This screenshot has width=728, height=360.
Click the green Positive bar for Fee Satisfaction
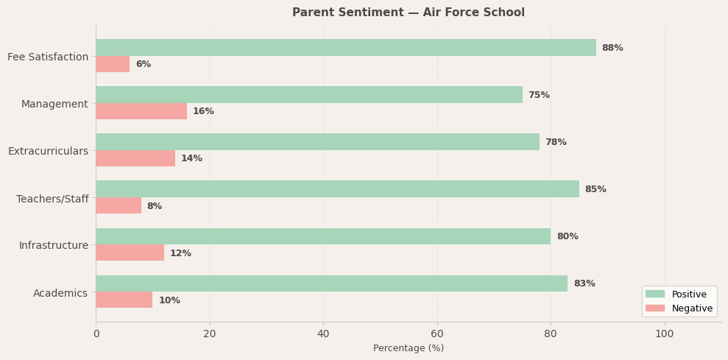[x=346, y=48]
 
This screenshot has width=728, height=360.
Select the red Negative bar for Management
[x=141, y=111]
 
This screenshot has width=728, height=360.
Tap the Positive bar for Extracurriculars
[x=317, y=142]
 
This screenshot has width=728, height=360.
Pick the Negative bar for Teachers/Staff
[x=119, y=205]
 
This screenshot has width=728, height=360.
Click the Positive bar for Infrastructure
[x=323, y=236]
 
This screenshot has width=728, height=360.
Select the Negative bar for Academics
[x=124, y=300]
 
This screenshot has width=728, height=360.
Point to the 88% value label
[x=612, y=48]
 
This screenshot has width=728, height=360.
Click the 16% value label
[x=203, y=111]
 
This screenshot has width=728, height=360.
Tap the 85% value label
[x=596, y=189]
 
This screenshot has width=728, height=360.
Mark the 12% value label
[x=180, y=253]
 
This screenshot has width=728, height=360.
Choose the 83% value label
[x=584, y=283]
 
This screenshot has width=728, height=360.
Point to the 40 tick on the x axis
[x=323, y=333]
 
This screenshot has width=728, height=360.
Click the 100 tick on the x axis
[x=665, y=333]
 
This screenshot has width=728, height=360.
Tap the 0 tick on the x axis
[x=96, y=333]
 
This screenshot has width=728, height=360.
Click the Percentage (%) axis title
[x=409, y=348]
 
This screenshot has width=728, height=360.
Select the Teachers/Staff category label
[x=52, y=199]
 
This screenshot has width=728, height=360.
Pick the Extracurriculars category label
[x=48, y=151]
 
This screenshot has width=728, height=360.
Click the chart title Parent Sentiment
[x=409, y=13]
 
